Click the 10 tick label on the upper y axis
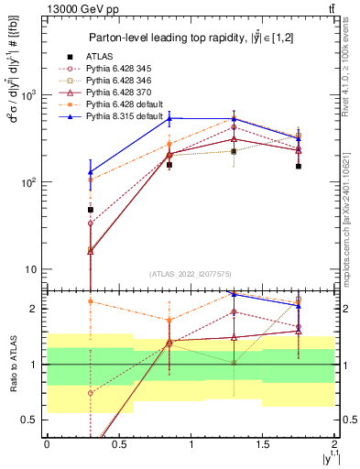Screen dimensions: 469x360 (30, 269)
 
